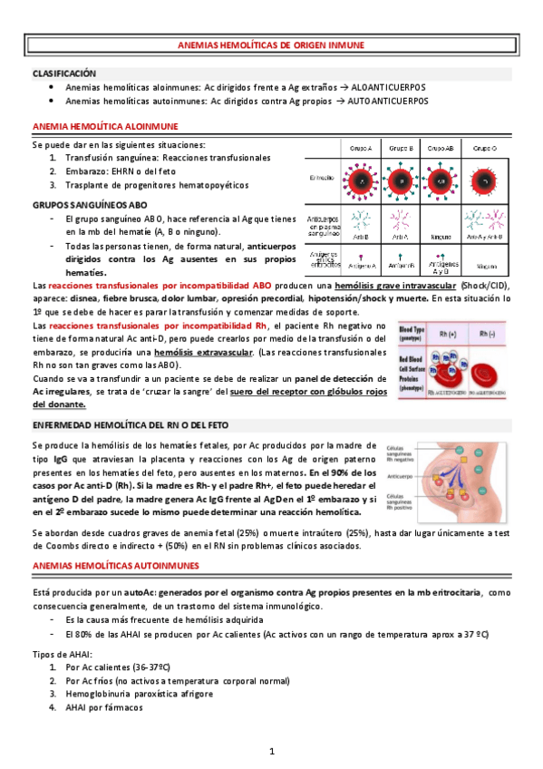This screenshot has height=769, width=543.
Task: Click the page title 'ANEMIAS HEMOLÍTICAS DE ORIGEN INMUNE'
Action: coord(271,52)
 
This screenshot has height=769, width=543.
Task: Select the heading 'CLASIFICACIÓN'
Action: coord(64,73)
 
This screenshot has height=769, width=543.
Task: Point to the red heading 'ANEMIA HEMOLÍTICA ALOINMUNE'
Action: coord(105,125)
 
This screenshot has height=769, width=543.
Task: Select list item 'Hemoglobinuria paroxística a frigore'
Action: coord(140,694)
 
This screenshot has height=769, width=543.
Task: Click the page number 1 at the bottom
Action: coord(271,752)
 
